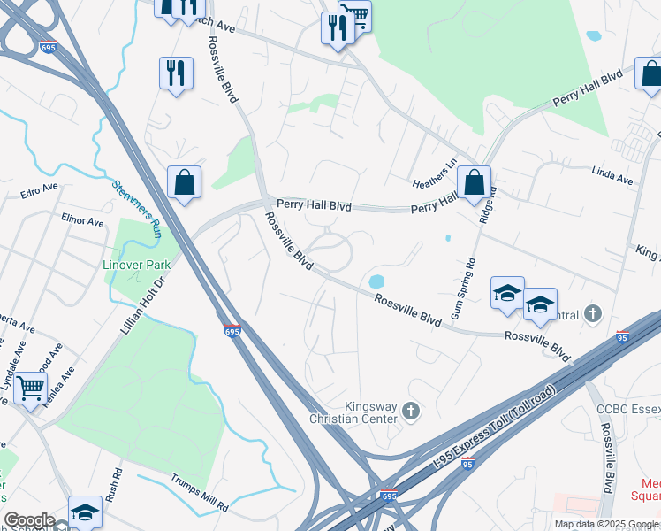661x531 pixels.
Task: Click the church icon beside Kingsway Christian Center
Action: coord(410,410)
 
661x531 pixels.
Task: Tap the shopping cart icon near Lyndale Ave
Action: coord(31,388)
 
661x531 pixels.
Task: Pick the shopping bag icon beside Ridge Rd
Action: coord(474,183)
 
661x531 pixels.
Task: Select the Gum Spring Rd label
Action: coord(460,288)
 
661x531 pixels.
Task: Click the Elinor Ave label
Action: coord(82,219)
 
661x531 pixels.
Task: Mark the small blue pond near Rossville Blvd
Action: coord(376,281)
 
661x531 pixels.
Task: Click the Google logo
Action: coord(29,521)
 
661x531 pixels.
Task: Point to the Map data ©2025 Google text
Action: coord(606,524)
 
